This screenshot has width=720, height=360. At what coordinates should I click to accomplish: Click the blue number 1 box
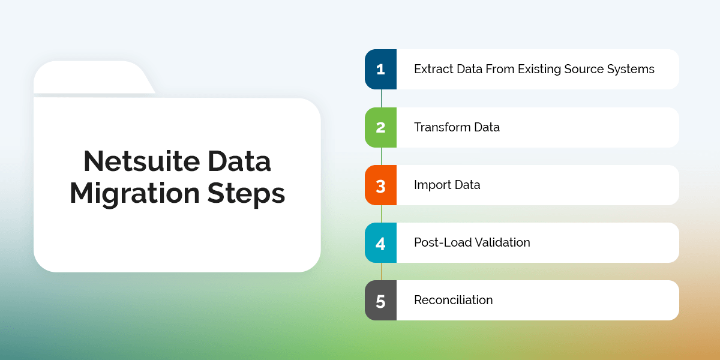pos(380,69)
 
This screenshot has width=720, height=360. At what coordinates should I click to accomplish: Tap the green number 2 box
pos(380,127)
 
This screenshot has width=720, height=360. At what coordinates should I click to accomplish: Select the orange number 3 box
pos(380,185)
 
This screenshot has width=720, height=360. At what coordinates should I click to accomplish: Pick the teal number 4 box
pos(380,242)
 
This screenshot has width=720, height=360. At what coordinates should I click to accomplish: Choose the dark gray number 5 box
pos(380,300)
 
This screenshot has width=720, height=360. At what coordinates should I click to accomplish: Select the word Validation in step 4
pos(503,242)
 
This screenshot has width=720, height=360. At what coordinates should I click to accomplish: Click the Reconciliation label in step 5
pos(453,300)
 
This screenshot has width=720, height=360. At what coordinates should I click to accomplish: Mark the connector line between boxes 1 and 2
pos(381,98)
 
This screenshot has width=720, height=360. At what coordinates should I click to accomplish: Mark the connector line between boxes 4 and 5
pos(381,271)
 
